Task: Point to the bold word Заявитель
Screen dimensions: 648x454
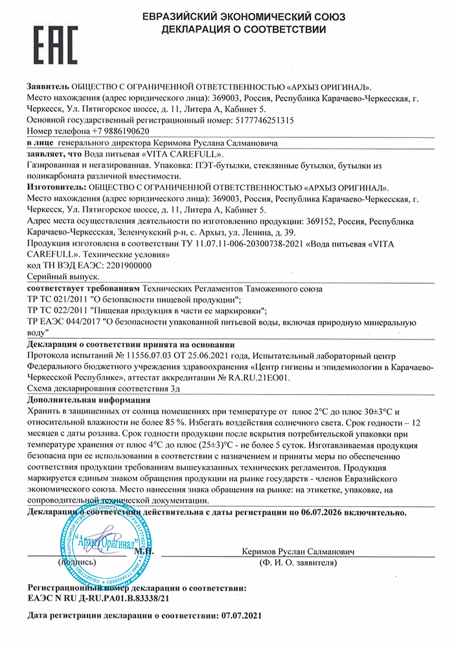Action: pos(47,86)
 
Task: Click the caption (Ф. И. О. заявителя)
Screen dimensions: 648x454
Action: pos(297,562)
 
